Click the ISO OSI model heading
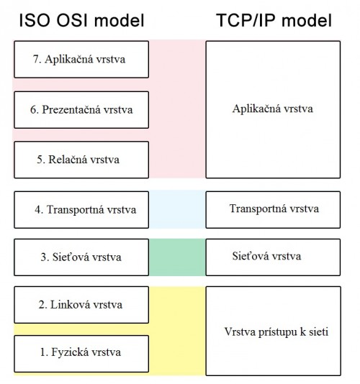[81, 20]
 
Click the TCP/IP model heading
[274, 20]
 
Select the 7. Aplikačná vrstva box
[81, 60]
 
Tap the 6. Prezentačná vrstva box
[81, 110]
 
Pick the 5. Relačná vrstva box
[81, 160]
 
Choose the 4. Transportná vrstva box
[81, 210]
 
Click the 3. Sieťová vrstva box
[81, 257]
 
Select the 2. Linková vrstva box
[81, 305]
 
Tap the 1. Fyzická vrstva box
[81, 354]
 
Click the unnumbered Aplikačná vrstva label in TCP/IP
[273, 109]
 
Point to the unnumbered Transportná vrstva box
[273, 210]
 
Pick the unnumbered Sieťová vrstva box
[273, 257]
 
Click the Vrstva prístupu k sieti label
[276, 332]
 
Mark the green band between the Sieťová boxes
[177, 257]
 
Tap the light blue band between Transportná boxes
[177, 209]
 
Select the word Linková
[68, 305]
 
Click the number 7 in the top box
[36, 59]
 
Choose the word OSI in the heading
[72, 20]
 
